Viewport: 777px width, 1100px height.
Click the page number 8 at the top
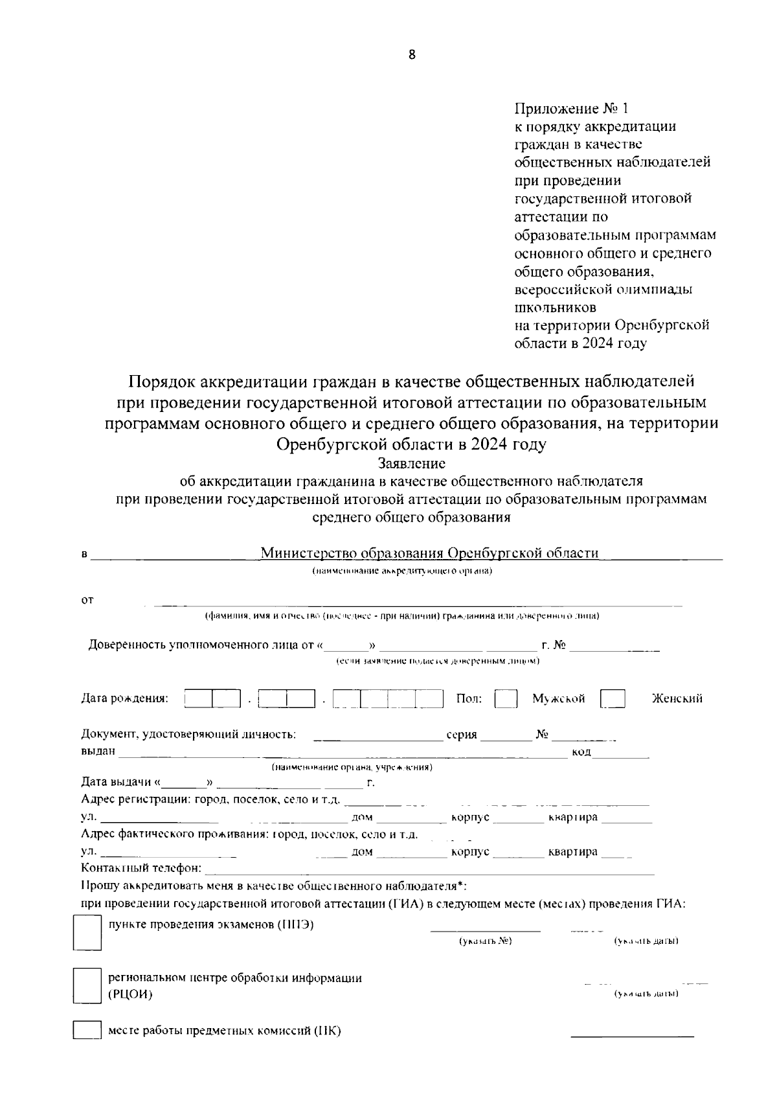coord(412,55)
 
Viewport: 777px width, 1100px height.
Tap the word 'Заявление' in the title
coord(412,464)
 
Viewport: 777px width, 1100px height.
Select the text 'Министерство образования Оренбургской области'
coord(429,553)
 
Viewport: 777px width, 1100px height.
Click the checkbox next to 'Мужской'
coord(506,699)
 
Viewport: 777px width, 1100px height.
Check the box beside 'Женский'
coord(613,699)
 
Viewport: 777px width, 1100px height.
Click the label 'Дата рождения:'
coord(124,698)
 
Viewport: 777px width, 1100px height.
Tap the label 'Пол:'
coord(469,698)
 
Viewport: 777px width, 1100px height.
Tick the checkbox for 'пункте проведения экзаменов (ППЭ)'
coord(87,932)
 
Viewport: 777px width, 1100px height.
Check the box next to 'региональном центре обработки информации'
coord(87,986)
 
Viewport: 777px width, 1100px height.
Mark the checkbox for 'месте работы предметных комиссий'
coord(87,1031)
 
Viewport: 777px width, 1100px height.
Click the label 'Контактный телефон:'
coord(141,868)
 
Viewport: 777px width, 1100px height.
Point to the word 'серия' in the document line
coord(462,735)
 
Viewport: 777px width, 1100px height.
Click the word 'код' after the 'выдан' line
coord(581,751)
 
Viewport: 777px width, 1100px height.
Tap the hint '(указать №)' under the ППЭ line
coord(485,941)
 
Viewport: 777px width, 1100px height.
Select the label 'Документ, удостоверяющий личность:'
coord(188,734)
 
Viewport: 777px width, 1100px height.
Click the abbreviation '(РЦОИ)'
coord(130,994)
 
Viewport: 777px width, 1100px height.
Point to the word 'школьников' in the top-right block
coord(555,307)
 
